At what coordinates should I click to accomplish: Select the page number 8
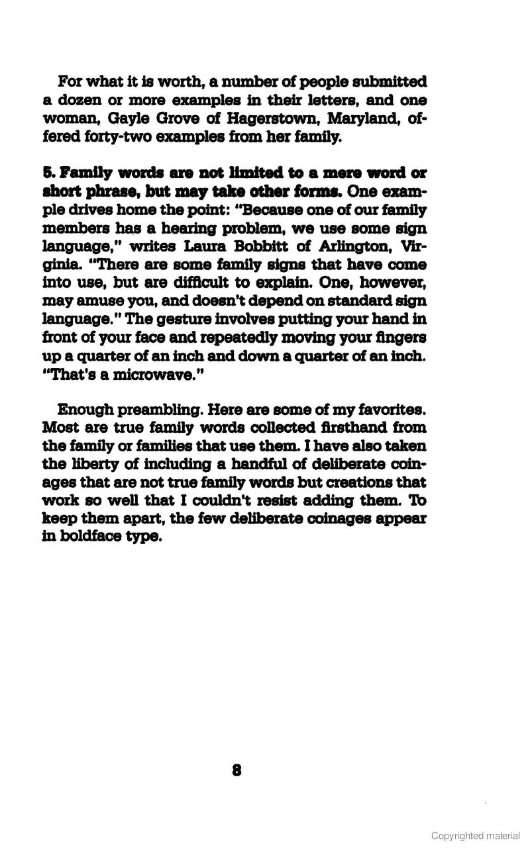point(237,770)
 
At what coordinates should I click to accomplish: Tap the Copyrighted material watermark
point(475,836)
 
